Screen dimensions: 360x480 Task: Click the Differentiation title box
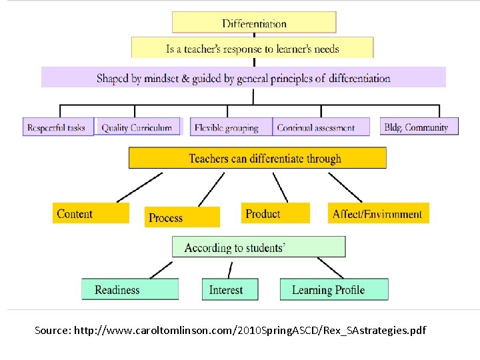(254, 23)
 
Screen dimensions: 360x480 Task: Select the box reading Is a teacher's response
(252, 48)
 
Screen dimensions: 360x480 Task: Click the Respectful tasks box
(57, 127)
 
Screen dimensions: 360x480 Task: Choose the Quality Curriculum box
(137, 127)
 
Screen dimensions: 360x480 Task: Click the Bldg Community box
(419, 127)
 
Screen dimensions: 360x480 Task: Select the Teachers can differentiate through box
(257, 158)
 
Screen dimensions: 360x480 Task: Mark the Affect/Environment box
(378, 214)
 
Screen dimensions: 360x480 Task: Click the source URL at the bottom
(230, 331)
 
